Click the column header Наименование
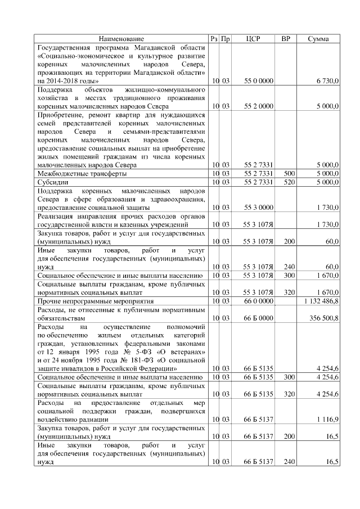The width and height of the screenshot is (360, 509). point(121,39)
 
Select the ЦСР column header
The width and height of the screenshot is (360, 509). point(259,39)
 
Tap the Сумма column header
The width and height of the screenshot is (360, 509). point(322,39)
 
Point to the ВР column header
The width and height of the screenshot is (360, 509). point(286,39)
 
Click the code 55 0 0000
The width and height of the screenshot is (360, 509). point(259,82)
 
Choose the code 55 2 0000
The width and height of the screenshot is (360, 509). point(259,106)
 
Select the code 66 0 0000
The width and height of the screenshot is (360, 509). point(259,301)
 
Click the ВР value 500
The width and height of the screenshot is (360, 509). point(290,174)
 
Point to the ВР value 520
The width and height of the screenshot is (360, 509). point(290,182)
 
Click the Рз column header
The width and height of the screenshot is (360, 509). point(214,39)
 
